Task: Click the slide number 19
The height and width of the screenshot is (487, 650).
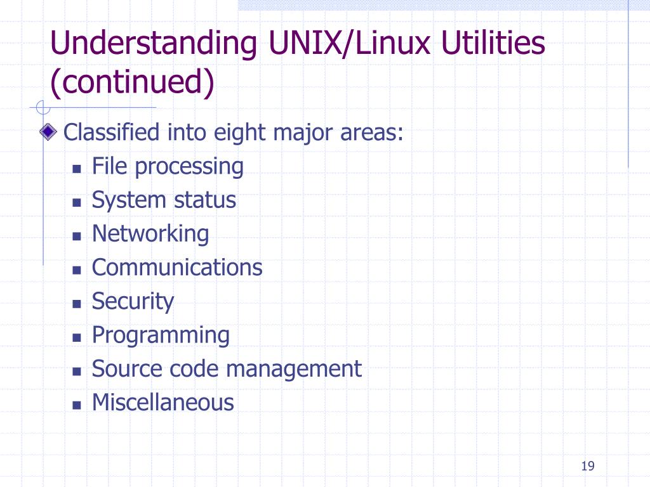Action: (587, 467)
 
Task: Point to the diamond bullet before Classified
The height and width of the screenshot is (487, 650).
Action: (48, 133)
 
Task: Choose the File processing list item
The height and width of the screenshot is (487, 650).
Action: (168, 167)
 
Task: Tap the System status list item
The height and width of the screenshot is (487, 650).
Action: (164, 200)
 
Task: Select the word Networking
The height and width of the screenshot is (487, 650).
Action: (150, 234)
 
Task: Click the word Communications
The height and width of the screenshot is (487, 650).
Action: (177, 268)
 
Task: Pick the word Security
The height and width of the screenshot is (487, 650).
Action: (133, 301)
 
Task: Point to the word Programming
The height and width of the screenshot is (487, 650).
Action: (161, 335)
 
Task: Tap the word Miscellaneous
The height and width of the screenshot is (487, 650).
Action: (163, 402)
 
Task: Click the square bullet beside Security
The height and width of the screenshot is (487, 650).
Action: (77, 303)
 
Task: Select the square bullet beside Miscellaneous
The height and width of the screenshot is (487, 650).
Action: (77, 404)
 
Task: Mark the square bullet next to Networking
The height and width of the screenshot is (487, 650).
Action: (77, 236)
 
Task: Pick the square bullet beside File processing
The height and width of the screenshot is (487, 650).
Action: (77, 169)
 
